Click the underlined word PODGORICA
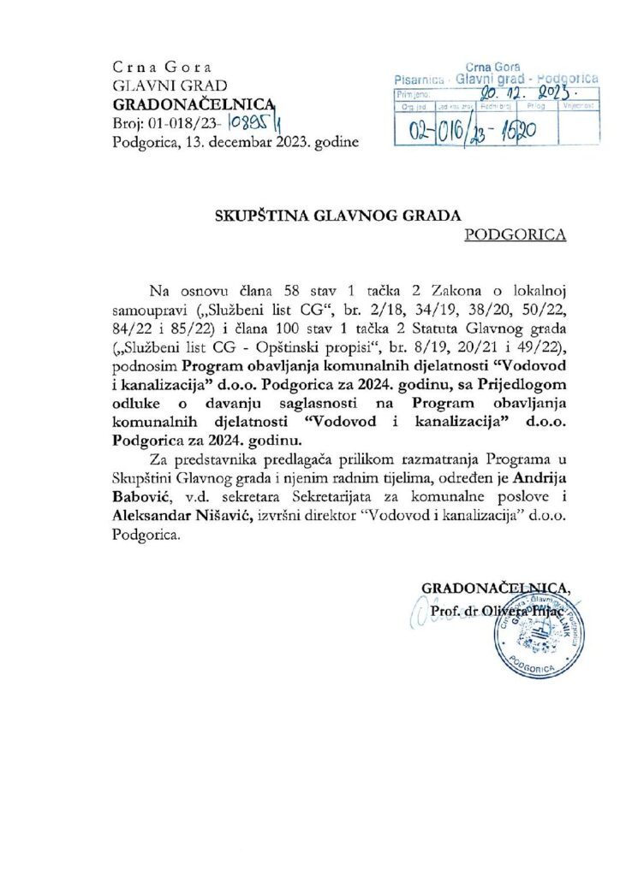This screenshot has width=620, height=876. tap(516, 234)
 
